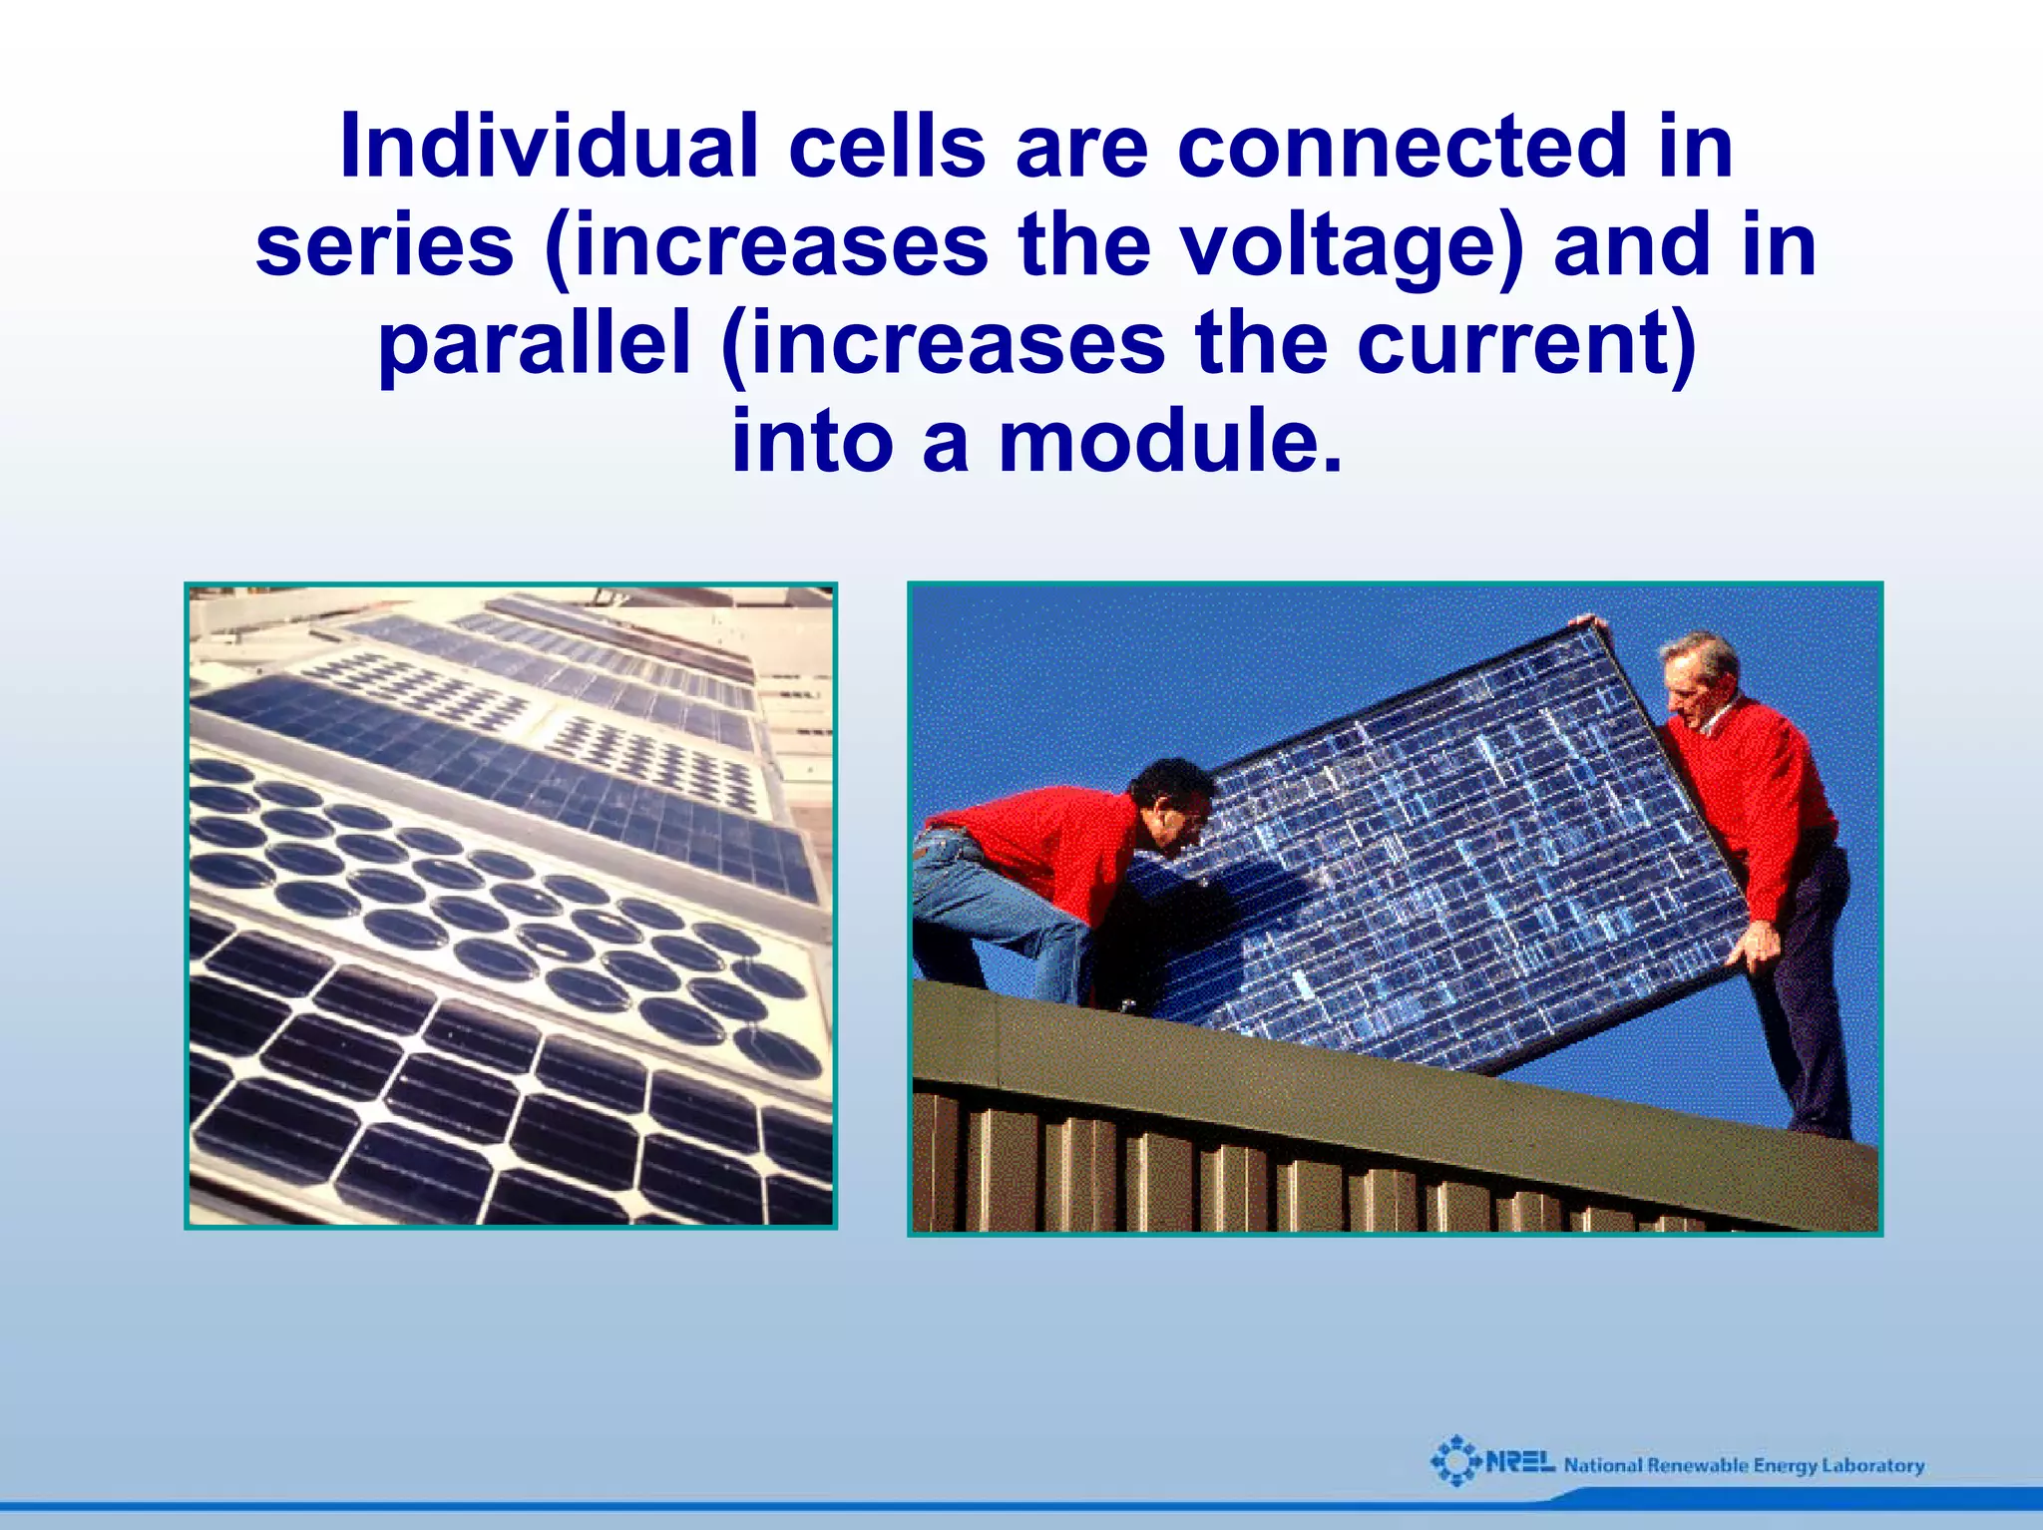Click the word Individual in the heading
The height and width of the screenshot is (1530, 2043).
(x=549, y=148)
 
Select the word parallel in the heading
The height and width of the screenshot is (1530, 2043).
(x=535, y=344)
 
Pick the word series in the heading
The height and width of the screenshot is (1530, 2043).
(x=384, y=246)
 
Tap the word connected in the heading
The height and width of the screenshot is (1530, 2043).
(x=1403, y=148)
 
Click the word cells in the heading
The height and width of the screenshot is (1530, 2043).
(x=887, y=148)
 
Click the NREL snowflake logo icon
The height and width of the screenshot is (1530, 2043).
(x=1455, y=1461)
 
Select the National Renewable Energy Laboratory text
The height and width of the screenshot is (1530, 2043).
(x=1744, y=1465)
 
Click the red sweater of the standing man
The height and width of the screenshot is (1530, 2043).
(x=1756, y=788)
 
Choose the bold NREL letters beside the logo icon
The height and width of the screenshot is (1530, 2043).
(x=1519, y=1463)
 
